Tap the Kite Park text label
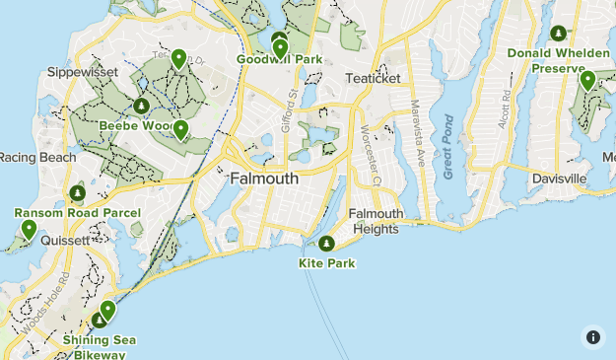coord(326,263)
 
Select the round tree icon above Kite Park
coord(326,244)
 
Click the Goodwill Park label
coord(280,60)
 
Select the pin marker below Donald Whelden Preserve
coord(587,81)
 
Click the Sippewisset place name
coord(82,73)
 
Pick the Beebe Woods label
coord(135,126)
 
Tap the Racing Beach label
coord(36,157)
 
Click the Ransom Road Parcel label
coord(77,213)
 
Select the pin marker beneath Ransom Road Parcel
coord(29,230)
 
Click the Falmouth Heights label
coord(376,222)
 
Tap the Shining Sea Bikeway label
coord(100,347)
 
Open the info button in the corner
coord(592,336)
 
